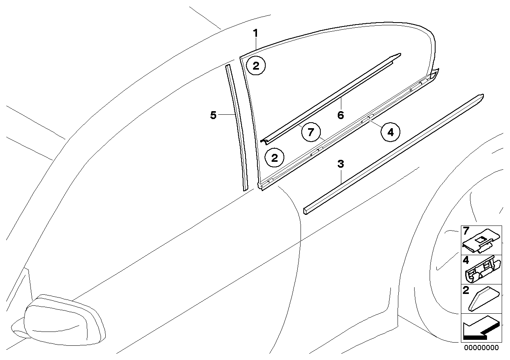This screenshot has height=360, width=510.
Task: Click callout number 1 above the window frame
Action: [256, 33]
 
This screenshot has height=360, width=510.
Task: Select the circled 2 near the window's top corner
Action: [256, 66]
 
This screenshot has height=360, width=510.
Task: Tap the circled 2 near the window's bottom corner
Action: [274, 158]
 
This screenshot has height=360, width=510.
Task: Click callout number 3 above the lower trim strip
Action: [341, 164]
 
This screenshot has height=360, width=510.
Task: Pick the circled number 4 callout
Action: [391, 133]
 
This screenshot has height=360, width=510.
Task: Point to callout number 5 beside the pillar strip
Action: [213, 116]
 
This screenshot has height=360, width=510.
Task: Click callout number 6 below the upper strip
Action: [341, 115]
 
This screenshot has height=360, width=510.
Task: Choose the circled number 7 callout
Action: [311, 133]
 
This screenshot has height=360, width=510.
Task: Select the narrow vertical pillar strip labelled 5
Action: [237, 127]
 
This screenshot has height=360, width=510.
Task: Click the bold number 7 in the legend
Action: [466, 231]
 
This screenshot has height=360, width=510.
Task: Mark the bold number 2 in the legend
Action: [466, 291]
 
